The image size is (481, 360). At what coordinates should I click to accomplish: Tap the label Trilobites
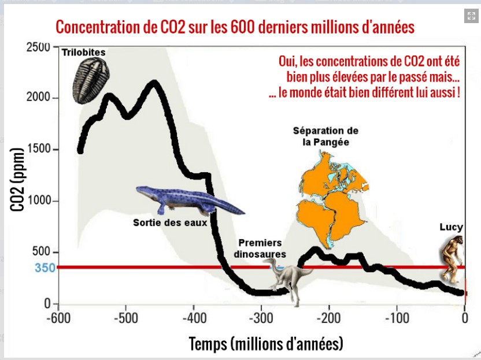pos(84,53)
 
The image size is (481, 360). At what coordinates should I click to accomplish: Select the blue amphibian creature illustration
pos(188,200)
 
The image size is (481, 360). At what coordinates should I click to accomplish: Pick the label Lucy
pos(451,227)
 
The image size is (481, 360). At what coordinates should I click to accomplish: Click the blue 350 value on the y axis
pos(44,268)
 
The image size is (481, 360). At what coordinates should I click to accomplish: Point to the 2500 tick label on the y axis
pos(39,47)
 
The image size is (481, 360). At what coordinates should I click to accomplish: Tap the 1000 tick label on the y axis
pos(39,201)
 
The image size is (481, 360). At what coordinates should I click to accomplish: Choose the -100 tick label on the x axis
pos(397,318)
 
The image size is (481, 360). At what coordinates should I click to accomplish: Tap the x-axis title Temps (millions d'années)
pos(266,344)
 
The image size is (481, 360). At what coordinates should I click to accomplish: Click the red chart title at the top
pos(235,27)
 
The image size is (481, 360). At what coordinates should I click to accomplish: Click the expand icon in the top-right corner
pos(471,17)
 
